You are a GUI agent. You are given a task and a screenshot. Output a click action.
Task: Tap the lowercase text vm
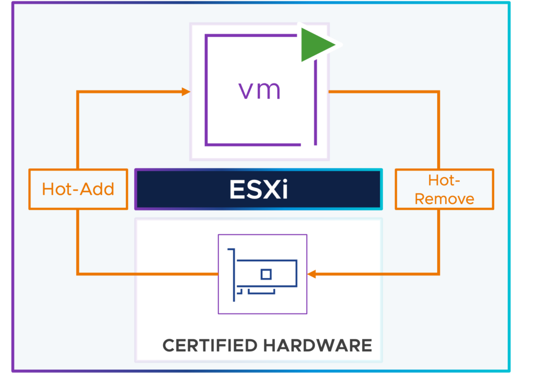[260, 90]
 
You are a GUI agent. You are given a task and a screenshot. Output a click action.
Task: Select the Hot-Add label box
[78, 189]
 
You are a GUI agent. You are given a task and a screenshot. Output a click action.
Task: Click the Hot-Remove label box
[444, 189]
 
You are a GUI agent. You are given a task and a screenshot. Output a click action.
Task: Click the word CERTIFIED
[210, 345]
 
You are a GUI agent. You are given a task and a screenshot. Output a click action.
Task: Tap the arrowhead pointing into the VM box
[185, 92]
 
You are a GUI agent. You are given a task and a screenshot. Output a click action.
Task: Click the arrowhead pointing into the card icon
[312, 274]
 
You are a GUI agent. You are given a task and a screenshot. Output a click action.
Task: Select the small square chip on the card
[266, 274]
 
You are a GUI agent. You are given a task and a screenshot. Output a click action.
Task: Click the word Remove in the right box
[444, 199]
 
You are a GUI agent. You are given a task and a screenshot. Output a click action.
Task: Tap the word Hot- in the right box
[444, 180]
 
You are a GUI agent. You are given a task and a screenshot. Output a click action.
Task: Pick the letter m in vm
[270, 90]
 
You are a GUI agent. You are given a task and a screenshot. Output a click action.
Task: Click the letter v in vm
[247, 90]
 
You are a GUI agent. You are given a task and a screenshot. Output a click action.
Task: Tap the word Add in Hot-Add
[100, 189]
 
